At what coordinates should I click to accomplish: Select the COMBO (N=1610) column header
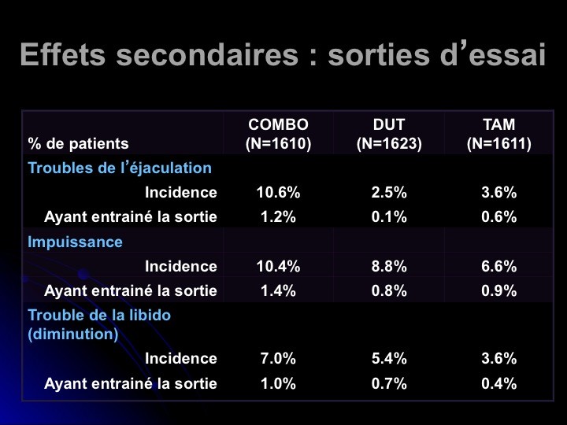278,135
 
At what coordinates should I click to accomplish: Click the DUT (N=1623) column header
389,135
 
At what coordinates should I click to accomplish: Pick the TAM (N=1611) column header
498,135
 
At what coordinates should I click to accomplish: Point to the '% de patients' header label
78,144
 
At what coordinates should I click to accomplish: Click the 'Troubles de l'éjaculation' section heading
120,168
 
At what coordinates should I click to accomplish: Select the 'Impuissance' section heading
76,242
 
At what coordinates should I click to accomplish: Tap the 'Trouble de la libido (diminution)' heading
99,324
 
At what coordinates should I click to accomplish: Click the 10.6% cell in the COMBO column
278,193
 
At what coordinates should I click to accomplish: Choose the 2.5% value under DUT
389,193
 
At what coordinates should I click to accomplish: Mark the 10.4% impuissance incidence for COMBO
278,267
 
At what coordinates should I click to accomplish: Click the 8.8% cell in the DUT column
389,267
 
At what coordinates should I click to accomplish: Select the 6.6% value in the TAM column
498,267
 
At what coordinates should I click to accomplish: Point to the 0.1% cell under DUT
389,217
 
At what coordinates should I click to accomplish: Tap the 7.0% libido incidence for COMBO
278,359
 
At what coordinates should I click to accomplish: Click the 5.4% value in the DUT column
389,359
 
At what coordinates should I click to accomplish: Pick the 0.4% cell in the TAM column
498,384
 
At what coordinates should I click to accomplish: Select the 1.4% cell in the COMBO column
278,291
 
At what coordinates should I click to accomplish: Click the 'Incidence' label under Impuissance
180,267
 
